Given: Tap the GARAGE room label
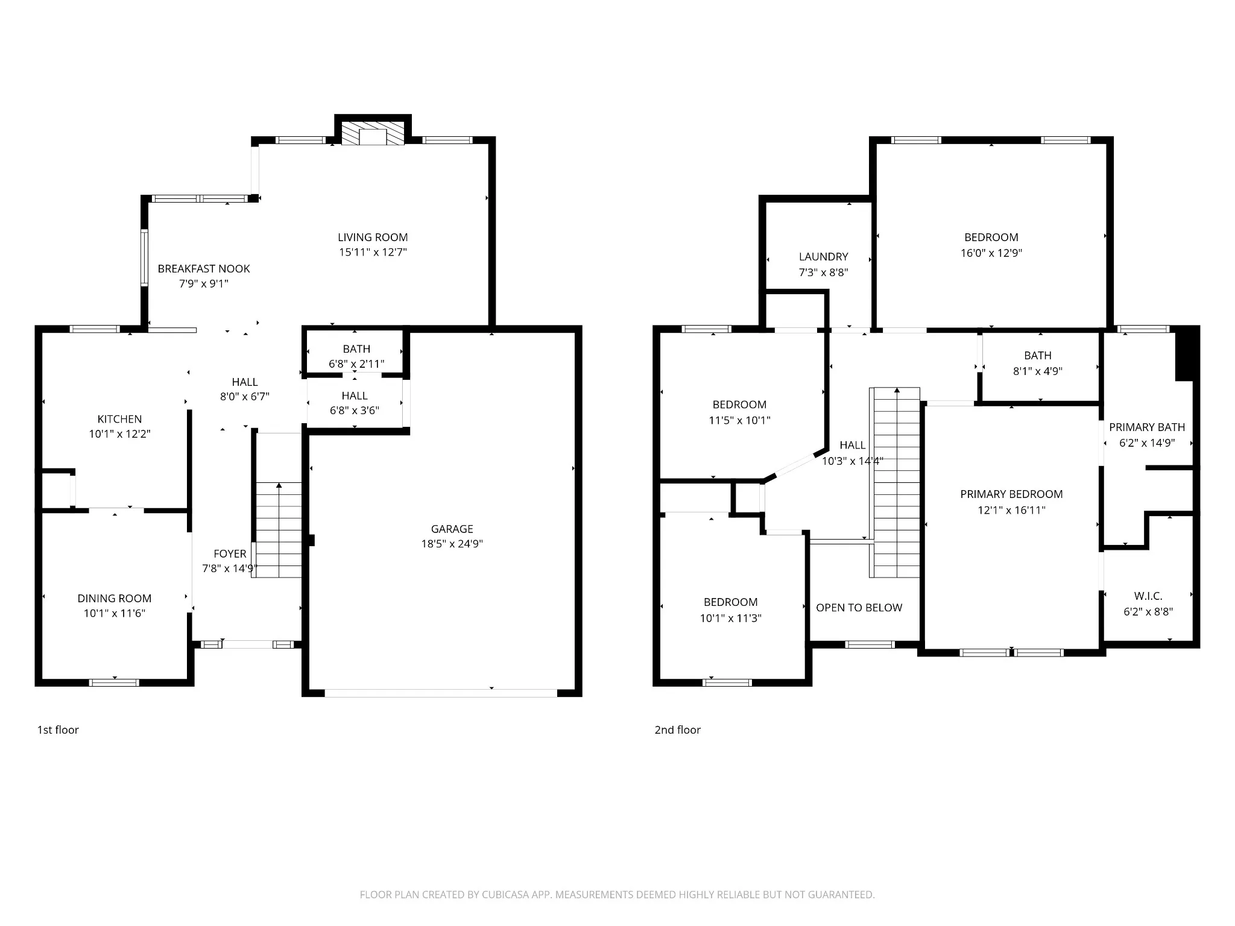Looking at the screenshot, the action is tap(452, 529).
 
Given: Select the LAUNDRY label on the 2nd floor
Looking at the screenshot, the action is tap(823, 257).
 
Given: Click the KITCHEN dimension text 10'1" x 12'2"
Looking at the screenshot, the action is tap(119, 433).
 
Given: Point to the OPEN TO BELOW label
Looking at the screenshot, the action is tap(859, 608).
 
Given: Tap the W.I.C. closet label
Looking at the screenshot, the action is tap(1148, 596).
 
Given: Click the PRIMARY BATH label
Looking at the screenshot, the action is tap(1147, 427).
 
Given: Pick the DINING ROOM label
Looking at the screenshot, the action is tap(114, 599).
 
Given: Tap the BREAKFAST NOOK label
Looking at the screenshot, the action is tap(204, 269).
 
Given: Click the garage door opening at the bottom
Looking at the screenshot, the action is tap(441, 693).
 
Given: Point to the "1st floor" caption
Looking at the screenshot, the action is tap(58, 730).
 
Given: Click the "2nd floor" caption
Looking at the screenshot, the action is tap(677, 730).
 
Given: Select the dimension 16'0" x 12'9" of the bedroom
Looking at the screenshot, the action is tap(991, 253).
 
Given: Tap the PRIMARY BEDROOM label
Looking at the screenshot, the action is tap(1011, 494).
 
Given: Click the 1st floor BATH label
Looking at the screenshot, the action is tap(356, 349).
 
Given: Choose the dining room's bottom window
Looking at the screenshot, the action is tap(114, 682).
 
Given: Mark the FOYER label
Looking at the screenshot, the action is tap(230, 554).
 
